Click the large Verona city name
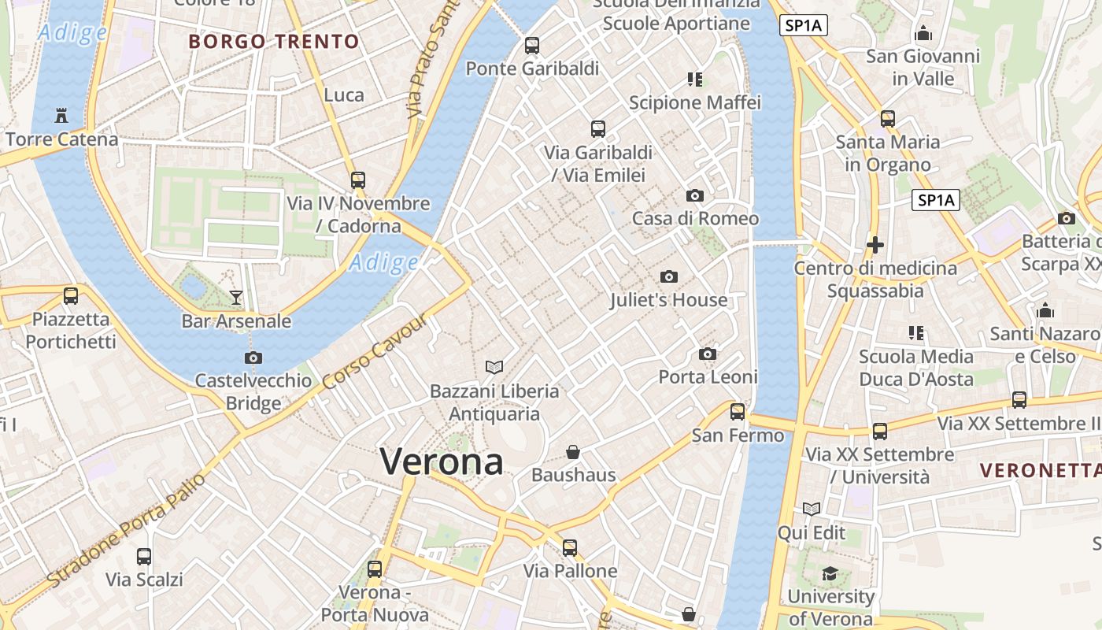point(441,461)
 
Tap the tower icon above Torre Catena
point(61,116)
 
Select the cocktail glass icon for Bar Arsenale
point(235,297)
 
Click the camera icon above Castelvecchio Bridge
point(253,358)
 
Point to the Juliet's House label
point(668,300)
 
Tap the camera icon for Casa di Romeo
point(694,195)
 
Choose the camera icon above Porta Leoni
point(708,354)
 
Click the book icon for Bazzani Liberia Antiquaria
point(494,367)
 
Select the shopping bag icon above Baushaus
point(573,452)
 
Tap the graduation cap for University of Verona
point(830,573)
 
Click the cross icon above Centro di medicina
point(875,245)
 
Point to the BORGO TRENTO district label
point(274,42)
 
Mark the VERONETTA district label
point(1040,471)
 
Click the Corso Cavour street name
point(375,351)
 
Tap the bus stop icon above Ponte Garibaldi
point(532,45)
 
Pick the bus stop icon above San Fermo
point(738,411)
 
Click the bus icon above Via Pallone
point(570,547)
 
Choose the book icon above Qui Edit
point(812,510)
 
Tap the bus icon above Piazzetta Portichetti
point(71,296)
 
